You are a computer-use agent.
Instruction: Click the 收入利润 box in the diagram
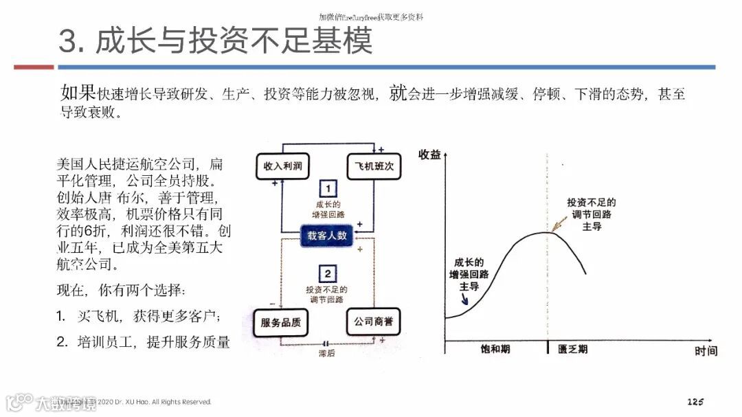point(279,166)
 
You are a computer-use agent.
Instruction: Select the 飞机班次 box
point(373,166)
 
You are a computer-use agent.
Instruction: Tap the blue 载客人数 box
point(326,236)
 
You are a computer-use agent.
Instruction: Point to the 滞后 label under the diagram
point(326,354)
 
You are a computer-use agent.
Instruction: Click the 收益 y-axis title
point(429,155)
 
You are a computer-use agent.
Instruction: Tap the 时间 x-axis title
point(706,351)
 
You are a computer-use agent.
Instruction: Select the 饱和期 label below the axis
point(495,349)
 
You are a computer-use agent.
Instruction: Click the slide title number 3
point(69,41)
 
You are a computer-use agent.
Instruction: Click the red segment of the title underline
point(34,67)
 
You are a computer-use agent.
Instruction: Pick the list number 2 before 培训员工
point(61,341)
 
